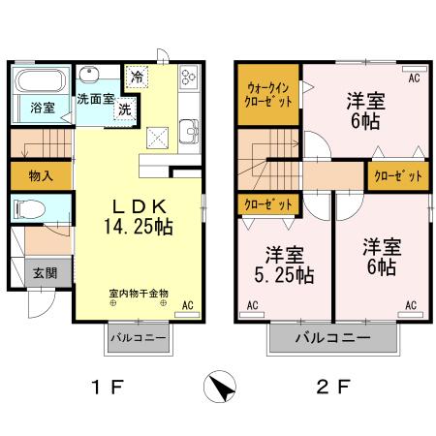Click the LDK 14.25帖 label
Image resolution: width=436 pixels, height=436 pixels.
pyautogui.click(x=140, y=216)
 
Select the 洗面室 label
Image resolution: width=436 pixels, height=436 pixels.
pyautogui.click(x=97, y=98)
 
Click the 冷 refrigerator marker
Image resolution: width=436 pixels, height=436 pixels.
pyautogui.click(x=138, y=77)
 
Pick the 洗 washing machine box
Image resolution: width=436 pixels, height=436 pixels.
pyautogui.click(x=124, y=109)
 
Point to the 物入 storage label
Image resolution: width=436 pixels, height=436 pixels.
pyautogui.click(x=41, y=176)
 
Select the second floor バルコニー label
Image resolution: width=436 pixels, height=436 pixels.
pyautogui.click(x=334, y=340)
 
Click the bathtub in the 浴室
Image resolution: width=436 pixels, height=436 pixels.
pyautogui.click(x=41, y=80)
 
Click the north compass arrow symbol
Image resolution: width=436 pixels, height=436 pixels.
pyautogui.click(x=221, y=388)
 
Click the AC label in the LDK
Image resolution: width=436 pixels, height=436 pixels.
pyautogui.click(x=188, y=306)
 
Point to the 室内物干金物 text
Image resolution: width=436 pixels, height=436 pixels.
pyautogui.click(x=139, y=292)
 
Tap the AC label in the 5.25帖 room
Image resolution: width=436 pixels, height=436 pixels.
pyautogui.click(x=252, y=306)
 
